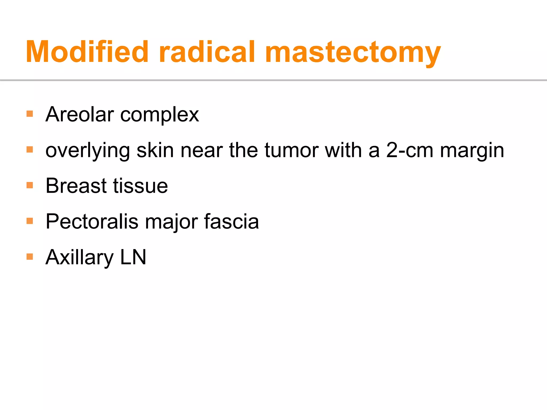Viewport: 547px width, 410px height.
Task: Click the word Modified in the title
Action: coord(87,52)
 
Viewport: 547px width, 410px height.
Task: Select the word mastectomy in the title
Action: coord(353,53)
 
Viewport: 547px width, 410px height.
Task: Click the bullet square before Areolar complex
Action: coord(30,114)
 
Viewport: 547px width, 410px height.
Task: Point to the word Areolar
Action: coord(80,114)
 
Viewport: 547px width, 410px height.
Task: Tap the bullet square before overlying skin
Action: coord(30,149)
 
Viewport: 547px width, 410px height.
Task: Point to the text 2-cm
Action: coord(409,150)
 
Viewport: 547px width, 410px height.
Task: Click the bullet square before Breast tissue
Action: coord(30,185)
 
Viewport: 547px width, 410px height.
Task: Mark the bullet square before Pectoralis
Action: coord(30,221)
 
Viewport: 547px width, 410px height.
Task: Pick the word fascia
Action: coord(231,221)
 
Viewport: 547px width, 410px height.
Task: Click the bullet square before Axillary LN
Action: coord(30,257)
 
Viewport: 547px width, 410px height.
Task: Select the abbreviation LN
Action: coord(133,257)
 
